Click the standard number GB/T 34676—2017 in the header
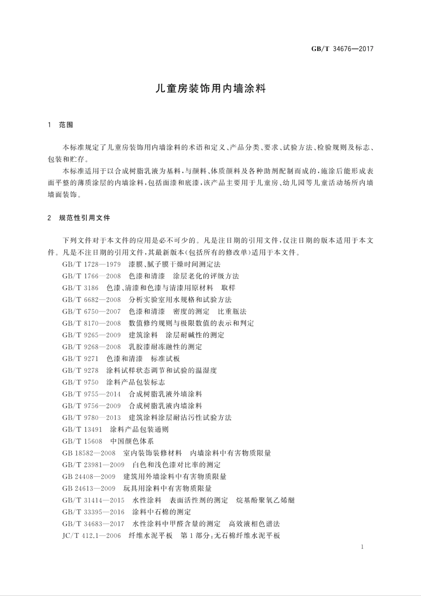(342, 49)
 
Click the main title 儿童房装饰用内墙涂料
(210, 88)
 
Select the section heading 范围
(66, 125)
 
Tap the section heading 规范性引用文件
(85, 218)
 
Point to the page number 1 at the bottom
(362, 547)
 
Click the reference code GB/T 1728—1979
(92, 265)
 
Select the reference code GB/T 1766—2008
(92, 276)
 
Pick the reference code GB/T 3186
(81, 288)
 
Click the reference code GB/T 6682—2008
(92, 300)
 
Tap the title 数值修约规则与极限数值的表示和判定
(191, 323)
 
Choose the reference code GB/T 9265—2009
(92, 335)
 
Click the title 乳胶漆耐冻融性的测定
(165, 347)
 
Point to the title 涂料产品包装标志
(136, 382)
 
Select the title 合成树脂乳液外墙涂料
(165, 394)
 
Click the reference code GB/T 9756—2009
(92, 406)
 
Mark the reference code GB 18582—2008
(89, 453)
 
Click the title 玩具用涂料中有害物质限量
(168, 488)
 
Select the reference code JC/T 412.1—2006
(92, 536)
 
